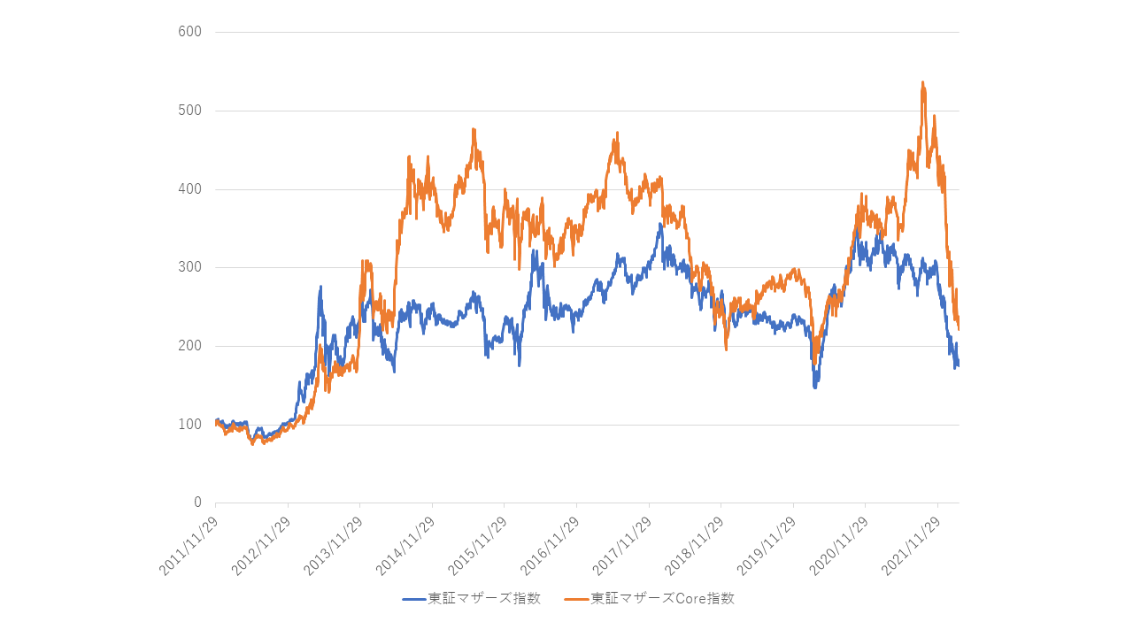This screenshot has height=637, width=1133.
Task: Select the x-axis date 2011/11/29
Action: tap(189, 545)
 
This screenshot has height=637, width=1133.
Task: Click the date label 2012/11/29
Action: tap(262, 545)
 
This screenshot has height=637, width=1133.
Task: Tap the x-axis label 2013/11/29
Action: tap(334, 545)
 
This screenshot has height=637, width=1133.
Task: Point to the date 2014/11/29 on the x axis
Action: tap(406, 545)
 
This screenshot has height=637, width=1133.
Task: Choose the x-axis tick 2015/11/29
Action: tap(478, 545)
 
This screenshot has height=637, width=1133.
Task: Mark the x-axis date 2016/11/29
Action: tap(551, 545)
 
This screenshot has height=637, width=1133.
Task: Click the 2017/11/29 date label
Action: tap(623, 545)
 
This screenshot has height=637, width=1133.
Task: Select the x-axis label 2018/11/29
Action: tap(695, 545)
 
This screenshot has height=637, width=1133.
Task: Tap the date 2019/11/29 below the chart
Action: tap(767, 545)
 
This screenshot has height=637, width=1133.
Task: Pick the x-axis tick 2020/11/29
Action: tap(839, 545)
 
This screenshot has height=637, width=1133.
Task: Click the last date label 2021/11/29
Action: tap(912, 545)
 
